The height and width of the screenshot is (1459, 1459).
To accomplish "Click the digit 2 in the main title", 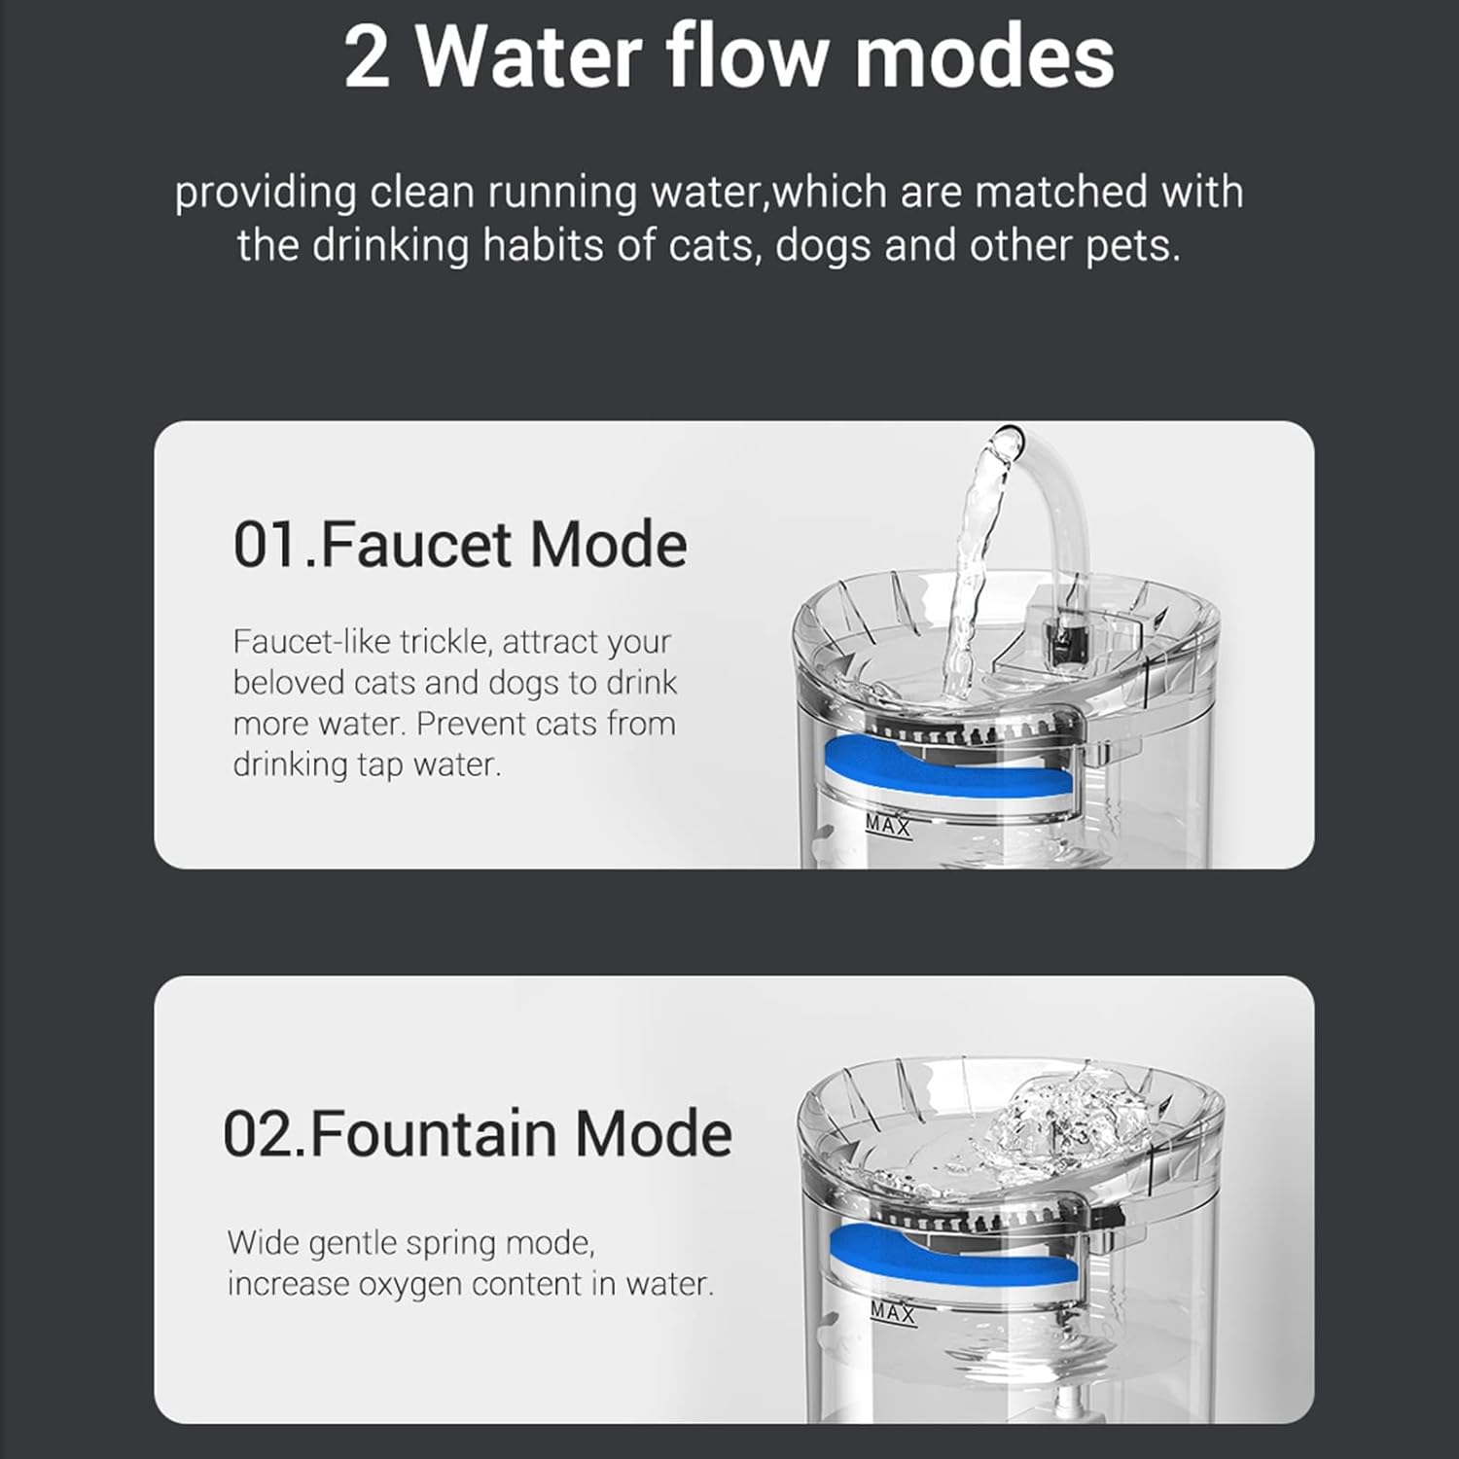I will (366, 58).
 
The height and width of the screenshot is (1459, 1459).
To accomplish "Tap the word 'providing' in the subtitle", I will (265, 193).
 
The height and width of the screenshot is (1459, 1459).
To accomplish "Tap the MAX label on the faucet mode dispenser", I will (888, 826).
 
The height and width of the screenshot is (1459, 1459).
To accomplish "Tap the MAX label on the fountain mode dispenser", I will (893, 1312).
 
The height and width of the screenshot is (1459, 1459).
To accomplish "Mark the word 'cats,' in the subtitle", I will (712, 245).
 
